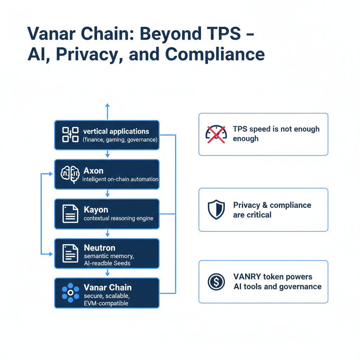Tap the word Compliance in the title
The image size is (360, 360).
pos(215,54)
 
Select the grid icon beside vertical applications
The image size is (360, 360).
pos(70,135)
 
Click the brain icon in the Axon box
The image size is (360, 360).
pos(70,174)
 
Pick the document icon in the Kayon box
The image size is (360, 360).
pos(70,214)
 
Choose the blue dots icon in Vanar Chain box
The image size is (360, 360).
pos(70,292)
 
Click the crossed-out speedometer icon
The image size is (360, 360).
pos(215,134)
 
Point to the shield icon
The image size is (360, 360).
pos(216,210)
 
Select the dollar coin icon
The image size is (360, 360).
pos(216,282)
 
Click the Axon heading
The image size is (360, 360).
pos(94,171)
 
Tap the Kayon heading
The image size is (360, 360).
pos(96,210)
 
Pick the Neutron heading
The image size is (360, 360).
pos(99,248)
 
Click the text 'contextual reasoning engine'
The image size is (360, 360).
pos(118,218)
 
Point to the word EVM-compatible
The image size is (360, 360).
pos(106,303)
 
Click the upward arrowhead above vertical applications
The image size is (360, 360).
pos(108,105)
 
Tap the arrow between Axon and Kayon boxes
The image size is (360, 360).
pos(108,194)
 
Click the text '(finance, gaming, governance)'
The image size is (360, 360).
pos(120,140)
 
